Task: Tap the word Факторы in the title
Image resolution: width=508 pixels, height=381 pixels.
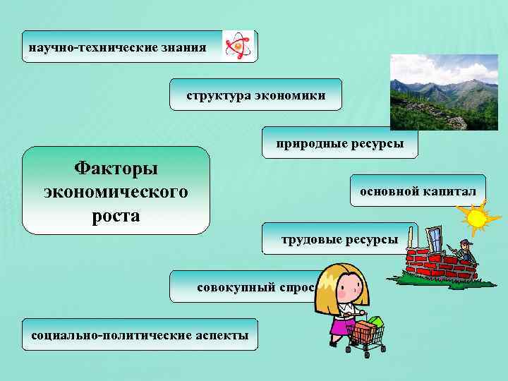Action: [116, 169]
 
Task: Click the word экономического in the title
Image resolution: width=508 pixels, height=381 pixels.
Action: [116, 191]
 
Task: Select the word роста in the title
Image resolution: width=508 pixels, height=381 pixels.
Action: [116, 214]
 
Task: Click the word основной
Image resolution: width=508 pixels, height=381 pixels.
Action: [390, 190]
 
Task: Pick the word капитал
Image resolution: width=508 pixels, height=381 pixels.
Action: [450, 190]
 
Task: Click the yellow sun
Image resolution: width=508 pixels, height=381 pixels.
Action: [476, 216]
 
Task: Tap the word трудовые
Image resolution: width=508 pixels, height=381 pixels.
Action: [311, 239]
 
